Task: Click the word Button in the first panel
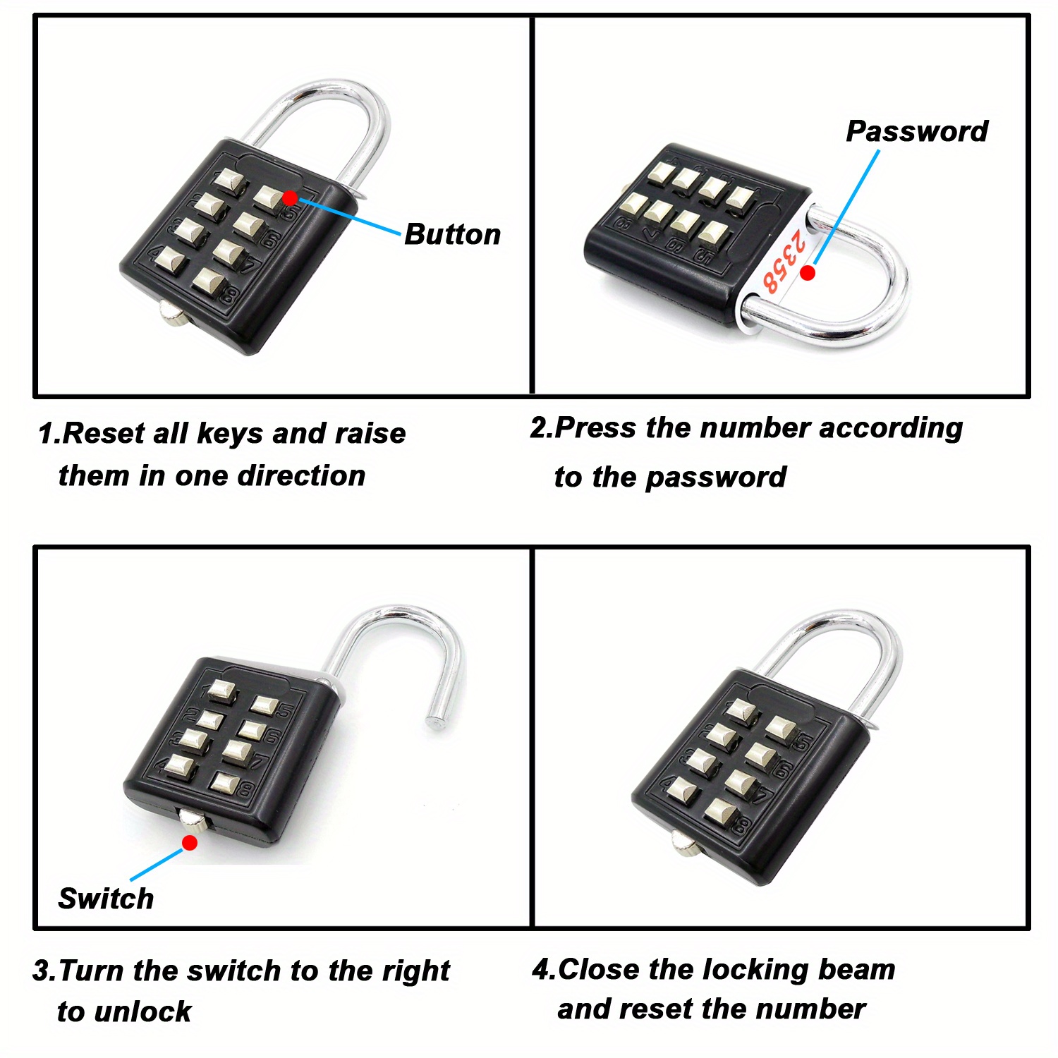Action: (452, 235)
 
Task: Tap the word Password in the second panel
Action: (916, 131)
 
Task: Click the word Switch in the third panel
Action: (106, 899)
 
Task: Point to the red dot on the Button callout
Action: (290, 197)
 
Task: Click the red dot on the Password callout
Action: (808, 272)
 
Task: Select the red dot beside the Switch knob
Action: (190, 842)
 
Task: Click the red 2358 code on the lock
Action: (784, 261)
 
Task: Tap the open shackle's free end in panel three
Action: (433, 722)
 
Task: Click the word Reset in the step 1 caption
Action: (103, 433)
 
